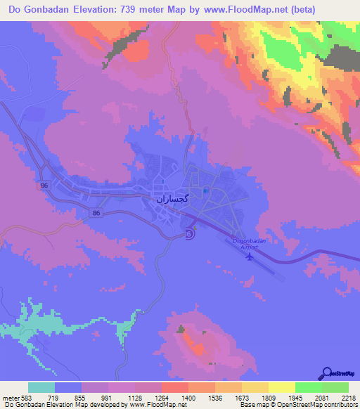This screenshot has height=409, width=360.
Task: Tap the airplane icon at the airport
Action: [x=248, y=257]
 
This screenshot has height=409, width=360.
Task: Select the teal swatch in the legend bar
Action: [x=41, y=388]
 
